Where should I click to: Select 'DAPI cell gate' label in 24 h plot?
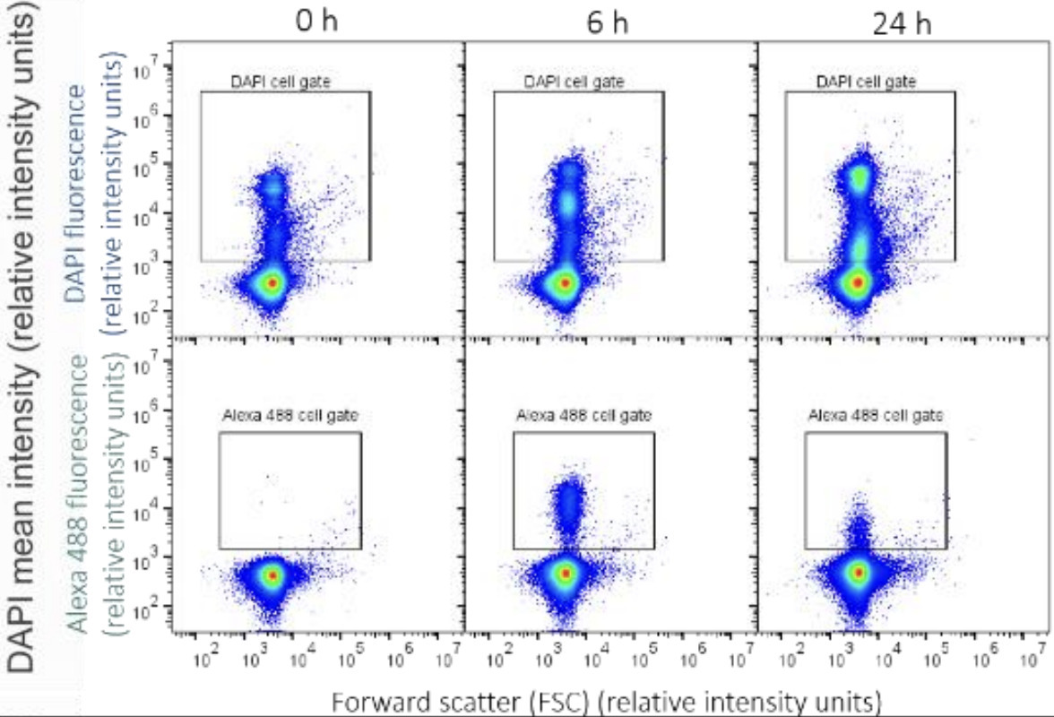click(867, 82)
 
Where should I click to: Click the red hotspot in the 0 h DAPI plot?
click(272, 282)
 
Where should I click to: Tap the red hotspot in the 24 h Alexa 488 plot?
click(858, 572)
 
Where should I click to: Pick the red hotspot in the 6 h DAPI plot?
click(565, 282)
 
